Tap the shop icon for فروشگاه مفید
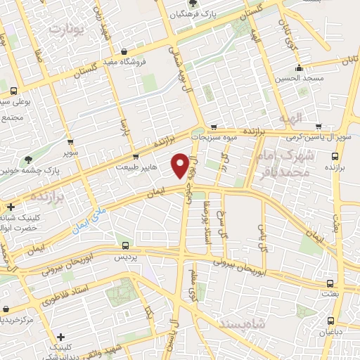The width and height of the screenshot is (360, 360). click(124, 51)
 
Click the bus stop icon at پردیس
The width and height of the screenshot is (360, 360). click(125, 245)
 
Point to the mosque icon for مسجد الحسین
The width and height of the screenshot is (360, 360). click(300, 68)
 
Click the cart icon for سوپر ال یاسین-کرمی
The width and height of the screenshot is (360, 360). click(321, 127)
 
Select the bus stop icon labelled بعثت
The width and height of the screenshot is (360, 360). click(330, 284)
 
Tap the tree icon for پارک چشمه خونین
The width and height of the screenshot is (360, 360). click(28, 160)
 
